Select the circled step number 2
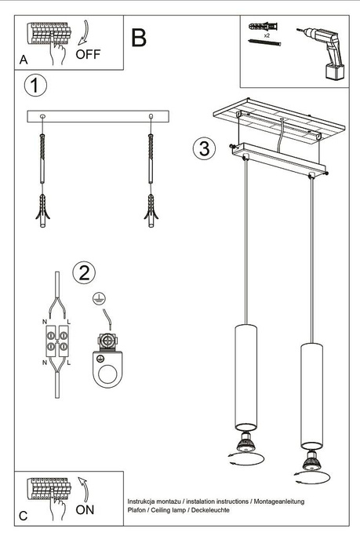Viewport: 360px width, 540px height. (84, 272)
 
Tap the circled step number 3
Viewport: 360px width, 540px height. (204, 148)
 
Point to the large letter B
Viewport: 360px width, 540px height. (140, 37)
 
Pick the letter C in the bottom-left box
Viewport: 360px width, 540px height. (23, 516)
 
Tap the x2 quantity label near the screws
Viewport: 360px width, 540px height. (267, 36)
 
